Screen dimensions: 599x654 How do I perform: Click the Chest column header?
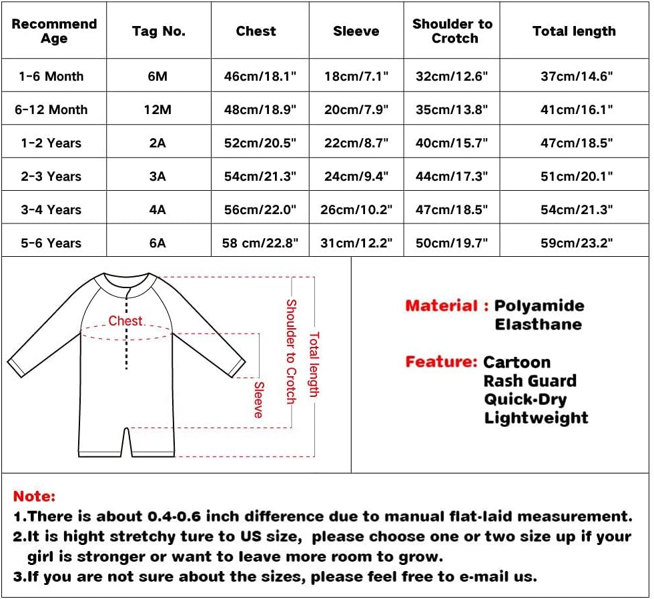click(256, 31)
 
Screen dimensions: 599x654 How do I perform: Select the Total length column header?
click(574, 31)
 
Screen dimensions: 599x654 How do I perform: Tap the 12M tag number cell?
click(157, 109)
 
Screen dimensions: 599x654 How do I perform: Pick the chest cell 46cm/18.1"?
click(260, 76)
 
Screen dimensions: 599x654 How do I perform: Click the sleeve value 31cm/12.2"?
click(356, 243)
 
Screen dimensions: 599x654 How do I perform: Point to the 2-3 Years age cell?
click(51, 176)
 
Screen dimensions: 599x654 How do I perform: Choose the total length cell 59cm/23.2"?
click(577, 243)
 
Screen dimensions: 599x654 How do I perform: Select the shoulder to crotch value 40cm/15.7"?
click(452, 143)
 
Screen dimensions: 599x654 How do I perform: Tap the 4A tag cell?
click(157, 209)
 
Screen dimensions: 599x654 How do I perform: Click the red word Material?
click(441, 306)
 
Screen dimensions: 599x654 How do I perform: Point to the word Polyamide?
click(539, 306)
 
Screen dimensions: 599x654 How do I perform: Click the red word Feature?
click(440, 362)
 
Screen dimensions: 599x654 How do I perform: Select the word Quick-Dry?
click(525, 400)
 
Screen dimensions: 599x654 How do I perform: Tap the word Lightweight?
click(536, 418)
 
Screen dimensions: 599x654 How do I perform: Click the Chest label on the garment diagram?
click(125, 321)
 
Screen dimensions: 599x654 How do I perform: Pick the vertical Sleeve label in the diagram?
click(259, 399)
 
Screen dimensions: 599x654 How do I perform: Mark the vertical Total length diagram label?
click(314, 364)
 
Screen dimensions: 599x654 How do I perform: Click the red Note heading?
click(34, 496)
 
